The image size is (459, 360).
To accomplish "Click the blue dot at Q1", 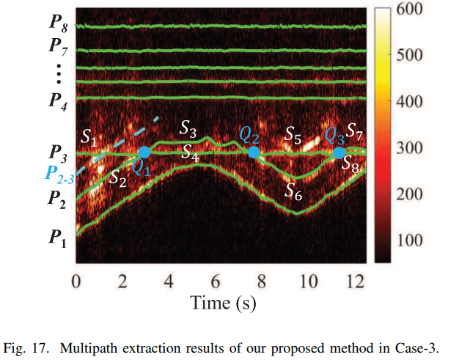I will point(144,152).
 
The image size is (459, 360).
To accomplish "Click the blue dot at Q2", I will point(254,152).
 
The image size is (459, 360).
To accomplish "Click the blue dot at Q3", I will point(338,153).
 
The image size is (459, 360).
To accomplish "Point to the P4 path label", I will point(58,100).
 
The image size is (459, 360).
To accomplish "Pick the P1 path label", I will point(58,237).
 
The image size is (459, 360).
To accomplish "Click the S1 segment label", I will point(89,136).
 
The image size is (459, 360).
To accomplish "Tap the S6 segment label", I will point(293,192).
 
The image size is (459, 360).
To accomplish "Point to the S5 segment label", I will point(293,134).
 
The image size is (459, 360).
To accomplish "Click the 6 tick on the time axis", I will point(216,282).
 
